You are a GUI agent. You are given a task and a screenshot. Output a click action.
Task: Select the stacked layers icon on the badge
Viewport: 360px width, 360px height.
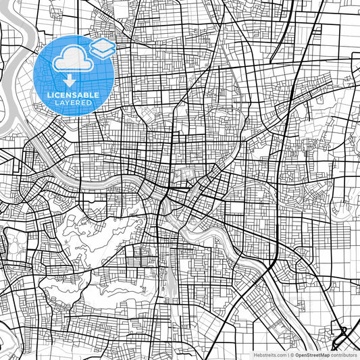[103, 48]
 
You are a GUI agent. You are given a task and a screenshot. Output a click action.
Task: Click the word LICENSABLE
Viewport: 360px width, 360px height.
[73, 95]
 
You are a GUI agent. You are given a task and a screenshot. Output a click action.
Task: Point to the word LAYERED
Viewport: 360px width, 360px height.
[73, 103]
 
